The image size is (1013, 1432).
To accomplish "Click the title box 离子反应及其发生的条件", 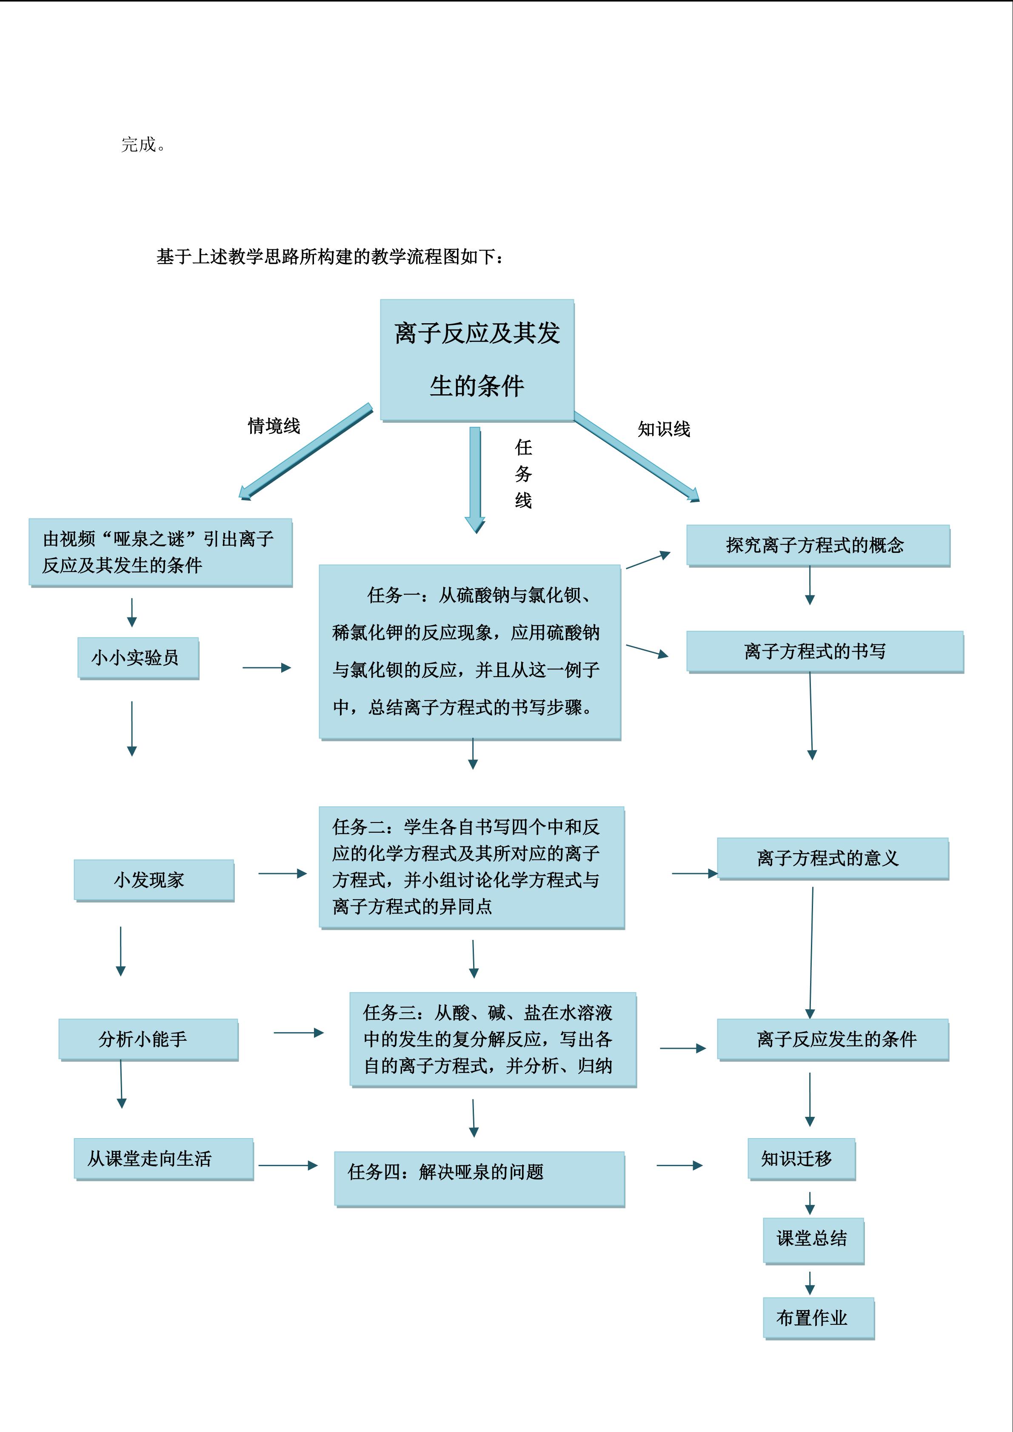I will [477, 359].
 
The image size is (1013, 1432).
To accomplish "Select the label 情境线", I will [274, 426].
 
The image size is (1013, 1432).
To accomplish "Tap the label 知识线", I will [664, 429].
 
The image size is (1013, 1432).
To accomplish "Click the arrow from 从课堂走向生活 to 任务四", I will [288, 1165].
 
